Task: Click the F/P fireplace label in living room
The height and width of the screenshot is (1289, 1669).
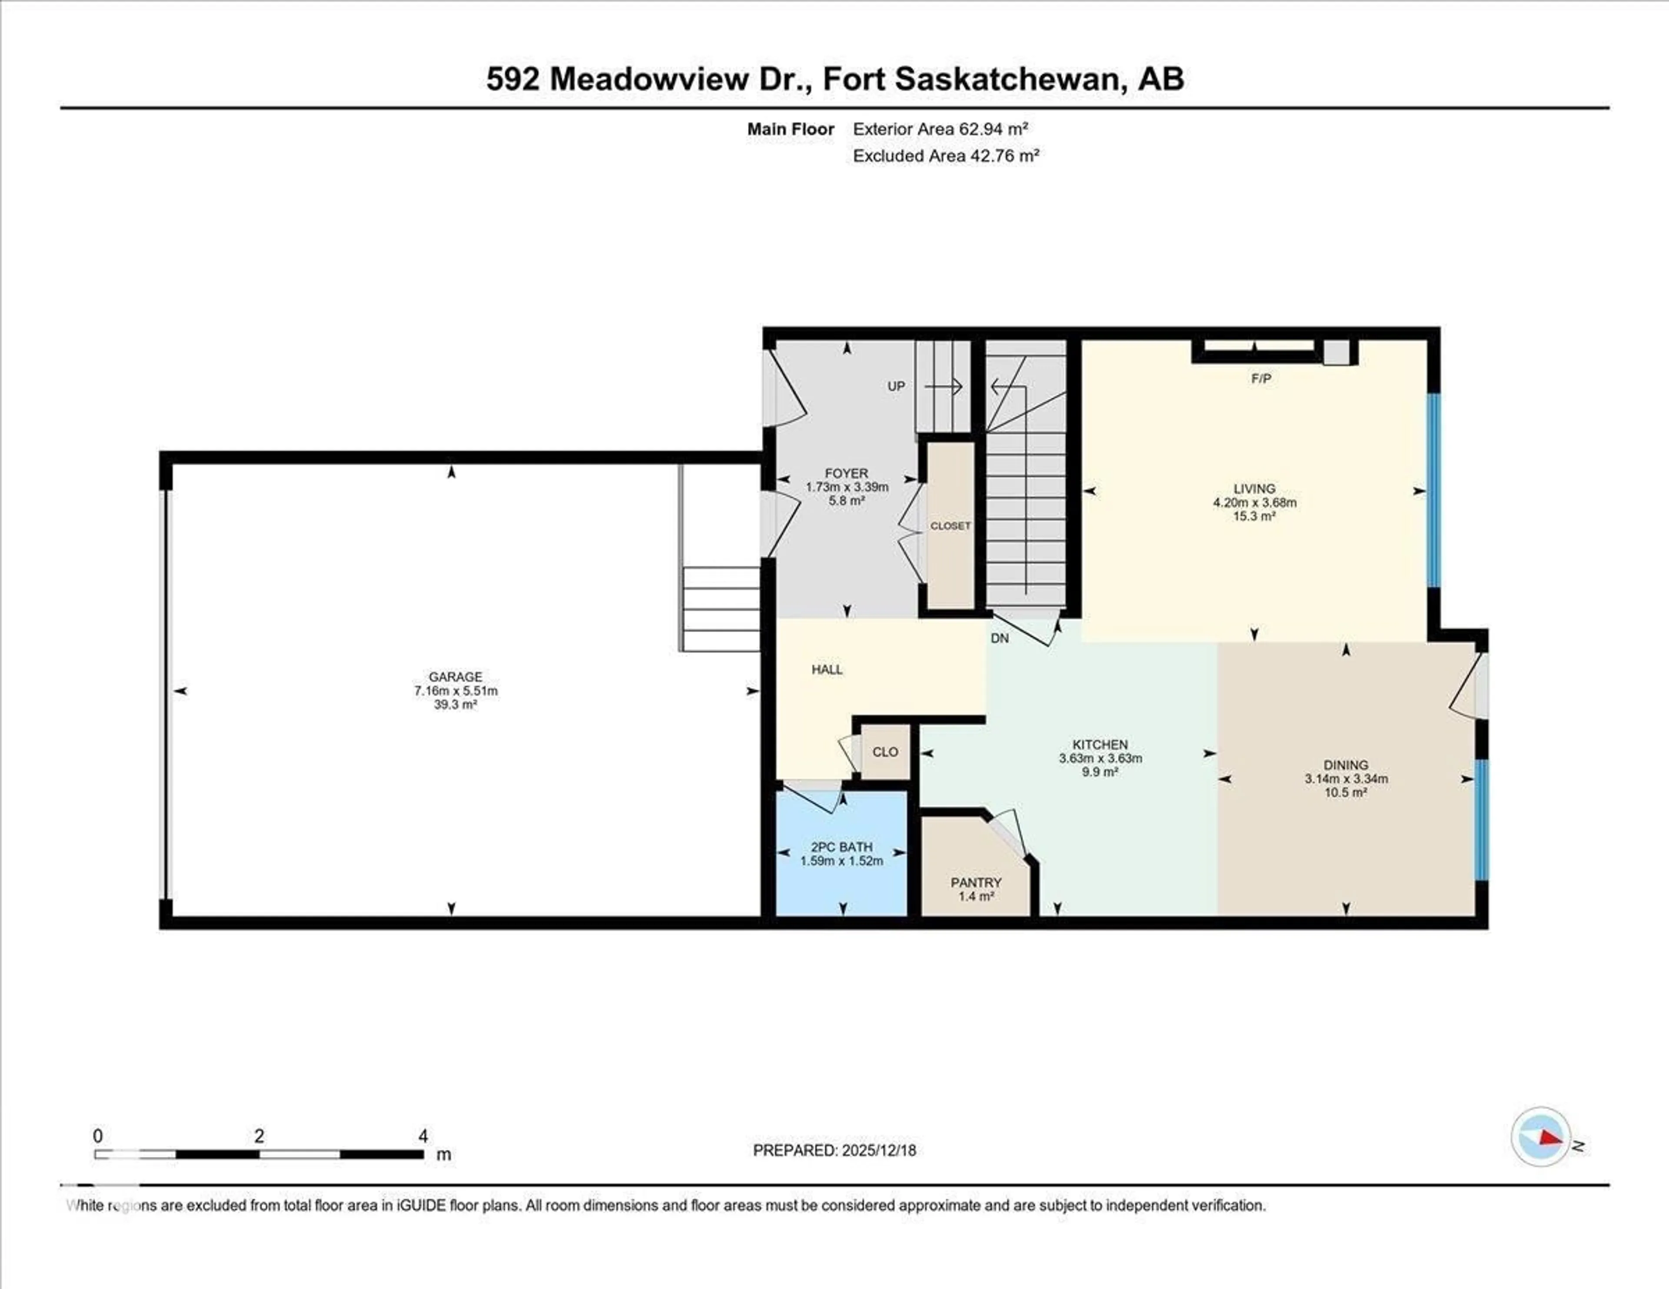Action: tap(1261, 378)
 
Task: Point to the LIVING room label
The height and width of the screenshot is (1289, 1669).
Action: tap(1254, 488)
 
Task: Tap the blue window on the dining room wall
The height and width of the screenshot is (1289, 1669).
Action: tap(1481, 819)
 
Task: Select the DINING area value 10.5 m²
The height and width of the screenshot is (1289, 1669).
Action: tap(1346, 792)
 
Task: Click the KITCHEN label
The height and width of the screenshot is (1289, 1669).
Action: tap(1100, 744)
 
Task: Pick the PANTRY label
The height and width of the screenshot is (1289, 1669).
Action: tap(976, 883)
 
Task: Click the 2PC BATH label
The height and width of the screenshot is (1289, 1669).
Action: tap(841, 847)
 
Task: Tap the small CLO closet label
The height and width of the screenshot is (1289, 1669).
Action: tap(885, 752)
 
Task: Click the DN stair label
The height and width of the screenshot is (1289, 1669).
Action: tap(1000, 638)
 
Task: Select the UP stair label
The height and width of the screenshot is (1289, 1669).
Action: tap(896, 387)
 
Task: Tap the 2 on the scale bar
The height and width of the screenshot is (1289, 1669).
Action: tap(259, 1136)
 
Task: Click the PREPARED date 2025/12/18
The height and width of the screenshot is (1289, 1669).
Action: tap(878, 1150)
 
